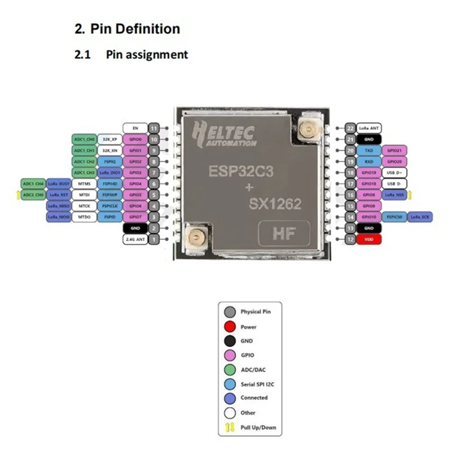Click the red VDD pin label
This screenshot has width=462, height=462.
[x=368, y=239]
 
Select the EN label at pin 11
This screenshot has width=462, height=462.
[x=135, y=128]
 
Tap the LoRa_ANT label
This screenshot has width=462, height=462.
[x=368, y=128]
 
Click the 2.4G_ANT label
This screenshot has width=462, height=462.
[x=135, y=239]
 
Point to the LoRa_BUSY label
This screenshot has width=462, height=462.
[x=59, y=183]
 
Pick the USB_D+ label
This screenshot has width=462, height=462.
[x=396, y=172]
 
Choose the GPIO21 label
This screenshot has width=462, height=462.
[x=396, y=150]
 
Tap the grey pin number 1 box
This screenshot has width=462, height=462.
[x=154, y=239]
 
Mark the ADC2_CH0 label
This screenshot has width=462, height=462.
[x=32, y=195]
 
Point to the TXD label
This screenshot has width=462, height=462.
[x=368, y=150]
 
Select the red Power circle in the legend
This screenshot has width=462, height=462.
[x=230, y=326]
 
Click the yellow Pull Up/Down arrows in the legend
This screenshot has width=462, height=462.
[x=230, y=427]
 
